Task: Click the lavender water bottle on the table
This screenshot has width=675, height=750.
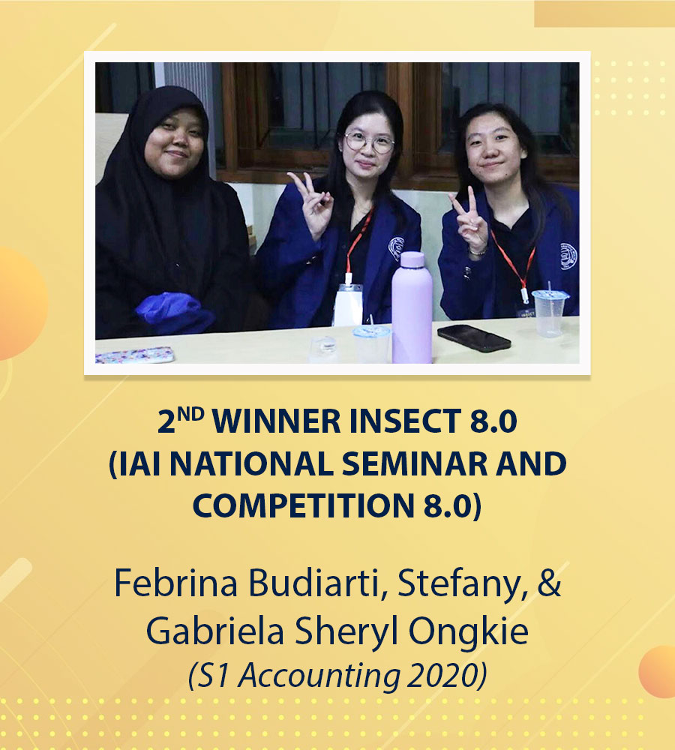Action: click(x=412, y=308)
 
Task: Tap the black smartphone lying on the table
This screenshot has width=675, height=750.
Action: click(x=473, y=337)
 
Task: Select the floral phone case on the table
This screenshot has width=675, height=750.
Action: click(x=134, y=355)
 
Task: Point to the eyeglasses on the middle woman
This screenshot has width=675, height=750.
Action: click(x=369, y=142)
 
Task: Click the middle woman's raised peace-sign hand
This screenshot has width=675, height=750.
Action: click(x=312, y=203)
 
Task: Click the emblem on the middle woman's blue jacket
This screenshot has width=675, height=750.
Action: click(x=397, y=247)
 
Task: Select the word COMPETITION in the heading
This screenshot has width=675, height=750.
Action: click(x=303, y=506)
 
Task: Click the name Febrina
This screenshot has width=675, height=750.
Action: click(x=175, y=583)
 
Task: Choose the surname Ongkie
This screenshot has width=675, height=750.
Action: click(x=468, y=632)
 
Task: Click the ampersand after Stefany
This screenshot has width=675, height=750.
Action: click(x=549, y=583)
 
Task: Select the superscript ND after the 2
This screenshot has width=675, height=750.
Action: click(x=190, y=414)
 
